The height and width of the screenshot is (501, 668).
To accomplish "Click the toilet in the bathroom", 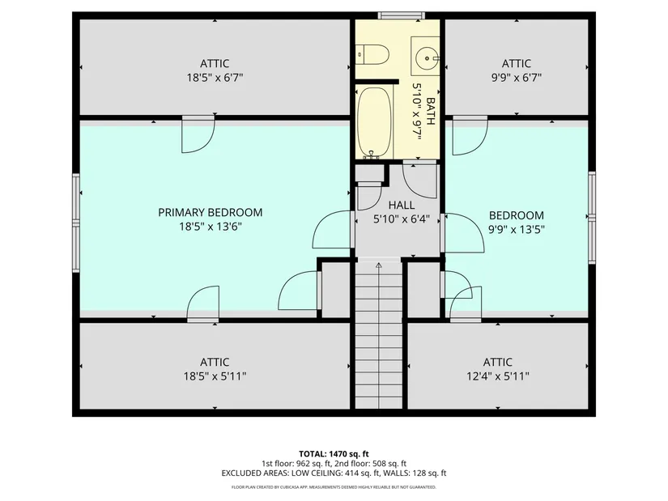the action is (372, 55).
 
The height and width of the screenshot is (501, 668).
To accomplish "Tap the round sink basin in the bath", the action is (426, 56).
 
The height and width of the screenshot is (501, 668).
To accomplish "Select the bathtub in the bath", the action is (374, 123).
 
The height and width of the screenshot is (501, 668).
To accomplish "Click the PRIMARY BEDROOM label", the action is (210, 212).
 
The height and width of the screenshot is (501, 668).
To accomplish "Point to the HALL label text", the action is (402, 205).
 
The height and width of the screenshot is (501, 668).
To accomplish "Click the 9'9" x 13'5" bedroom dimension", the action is (517, 229).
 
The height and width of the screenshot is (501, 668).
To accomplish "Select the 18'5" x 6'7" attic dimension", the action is (215, 78).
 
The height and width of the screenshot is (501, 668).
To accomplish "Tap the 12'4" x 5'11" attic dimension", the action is (498, 376).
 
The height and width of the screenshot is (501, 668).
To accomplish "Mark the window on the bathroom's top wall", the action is (402, 15).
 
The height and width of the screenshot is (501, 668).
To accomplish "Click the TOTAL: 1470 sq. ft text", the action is (334, 454).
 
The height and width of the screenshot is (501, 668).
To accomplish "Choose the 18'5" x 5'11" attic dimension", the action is (215, 376).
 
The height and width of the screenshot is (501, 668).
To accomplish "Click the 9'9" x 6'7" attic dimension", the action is (517, 78).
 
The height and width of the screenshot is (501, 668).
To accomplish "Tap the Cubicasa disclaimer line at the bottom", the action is (334, 487).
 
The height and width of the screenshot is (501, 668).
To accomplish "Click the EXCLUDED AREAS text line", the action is (334, 473).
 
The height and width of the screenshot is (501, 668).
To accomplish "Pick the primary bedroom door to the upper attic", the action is (198, 134).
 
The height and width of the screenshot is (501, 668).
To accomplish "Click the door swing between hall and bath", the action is (420, 180).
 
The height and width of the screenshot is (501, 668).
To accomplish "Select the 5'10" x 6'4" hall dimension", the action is (402, 219).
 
